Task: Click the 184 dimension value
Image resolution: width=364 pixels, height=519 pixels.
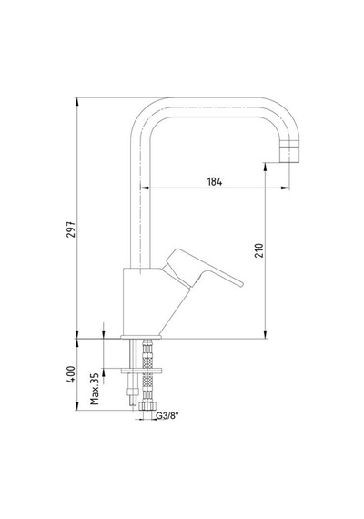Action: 215,181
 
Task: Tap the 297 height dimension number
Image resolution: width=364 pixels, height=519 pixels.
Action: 71,229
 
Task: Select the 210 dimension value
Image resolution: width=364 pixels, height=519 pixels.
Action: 259,250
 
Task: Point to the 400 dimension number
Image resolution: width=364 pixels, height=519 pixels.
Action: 71,374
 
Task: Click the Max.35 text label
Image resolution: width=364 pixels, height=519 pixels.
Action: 95,389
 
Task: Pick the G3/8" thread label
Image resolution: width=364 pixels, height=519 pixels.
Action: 167,416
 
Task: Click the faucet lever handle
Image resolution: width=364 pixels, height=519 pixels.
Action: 204,269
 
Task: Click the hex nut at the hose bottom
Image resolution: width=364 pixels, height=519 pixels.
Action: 147,406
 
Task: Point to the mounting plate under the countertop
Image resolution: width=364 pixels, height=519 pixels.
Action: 141,371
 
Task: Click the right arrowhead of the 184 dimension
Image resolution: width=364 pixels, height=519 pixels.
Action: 286,188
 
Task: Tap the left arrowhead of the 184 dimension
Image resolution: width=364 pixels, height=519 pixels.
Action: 145,188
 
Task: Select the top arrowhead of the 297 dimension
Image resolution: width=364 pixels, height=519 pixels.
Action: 76,102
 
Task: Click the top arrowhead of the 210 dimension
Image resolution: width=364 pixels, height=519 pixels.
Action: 265,167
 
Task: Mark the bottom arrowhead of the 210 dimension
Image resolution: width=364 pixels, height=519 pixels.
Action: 265,334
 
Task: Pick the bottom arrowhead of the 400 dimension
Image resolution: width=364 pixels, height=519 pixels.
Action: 76,406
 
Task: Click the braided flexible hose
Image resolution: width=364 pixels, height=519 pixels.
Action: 147,371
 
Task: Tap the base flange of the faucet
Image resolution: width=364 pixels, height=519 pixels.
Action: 141,337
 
